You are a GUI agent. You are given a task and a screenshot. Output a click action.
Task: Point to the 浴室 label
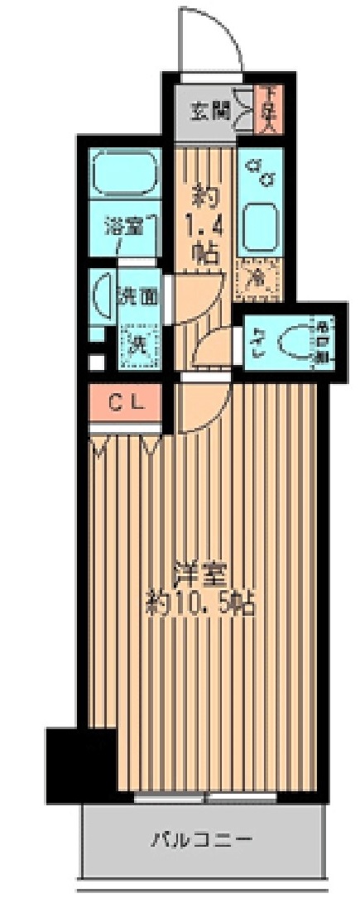[x=123, y=226]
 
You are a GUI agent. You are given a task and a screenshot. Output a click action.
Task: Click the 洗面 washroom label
[x=138, y=295]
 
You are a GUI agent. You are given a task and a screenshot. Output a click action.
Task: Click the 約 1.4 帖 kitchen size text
[x=205, y=223]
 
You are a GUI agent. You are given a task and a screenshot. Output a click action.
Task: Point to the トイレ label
[x=258, y=341]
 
